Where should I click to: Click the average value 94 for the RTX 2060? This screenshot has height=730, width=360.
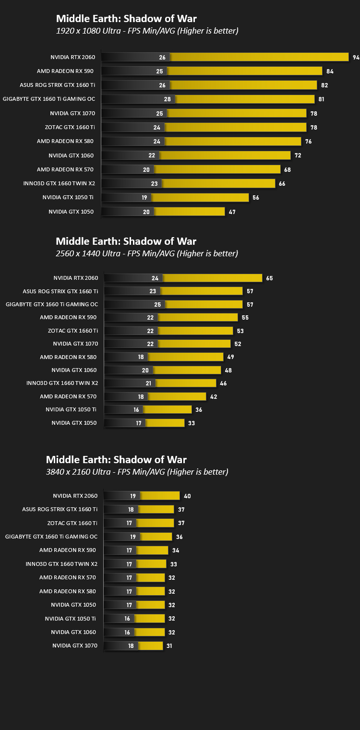356,58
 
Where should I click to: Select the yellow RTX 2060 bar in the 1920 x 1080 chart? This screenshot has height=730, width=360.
259,57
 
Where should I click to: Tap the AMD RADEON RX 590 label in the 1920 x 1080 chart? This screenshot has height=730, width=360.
65,71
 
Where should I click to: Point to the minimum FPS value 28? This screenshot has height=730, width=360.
167,99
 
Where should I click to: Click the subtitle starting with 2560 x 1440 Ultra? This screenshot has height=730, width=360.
146,253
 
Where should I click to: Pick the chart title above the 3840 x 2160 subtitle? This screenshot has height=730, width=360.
116,459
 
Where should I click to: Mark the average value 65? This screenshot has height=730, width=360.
269,278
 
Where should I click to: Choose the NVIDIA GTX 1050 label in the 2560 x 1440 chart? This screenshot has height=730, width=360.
74,423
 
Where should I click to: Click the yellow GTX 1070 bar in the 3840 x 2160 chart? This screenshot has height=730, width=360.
151,646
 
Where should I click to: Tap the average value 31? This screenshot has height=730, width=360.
169,646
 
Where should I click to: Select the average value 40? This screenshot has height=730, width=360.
187,496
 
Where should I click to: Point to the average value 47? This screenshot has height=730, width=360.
232,212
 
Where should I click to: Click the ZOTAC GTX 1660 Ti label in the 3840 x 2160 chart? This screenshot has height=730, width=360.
72,523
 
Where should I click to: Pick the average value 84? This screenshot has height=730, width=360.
330,72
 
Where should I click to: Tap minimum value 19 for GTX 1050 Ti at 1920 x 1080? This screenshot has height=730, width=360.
144,197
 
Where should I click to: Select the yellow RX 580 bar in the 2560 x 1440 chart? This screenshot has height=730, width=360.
186,357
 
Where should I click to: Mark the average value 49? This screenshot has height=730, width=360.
231,357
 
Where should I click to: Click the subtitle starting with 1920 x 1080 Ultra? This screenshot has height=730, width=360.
147,31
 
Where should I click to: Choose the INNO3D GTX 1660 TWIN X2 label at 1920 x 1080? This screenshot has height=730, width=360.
59,183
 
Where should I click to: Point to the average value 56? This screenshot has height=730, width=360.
256,197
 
